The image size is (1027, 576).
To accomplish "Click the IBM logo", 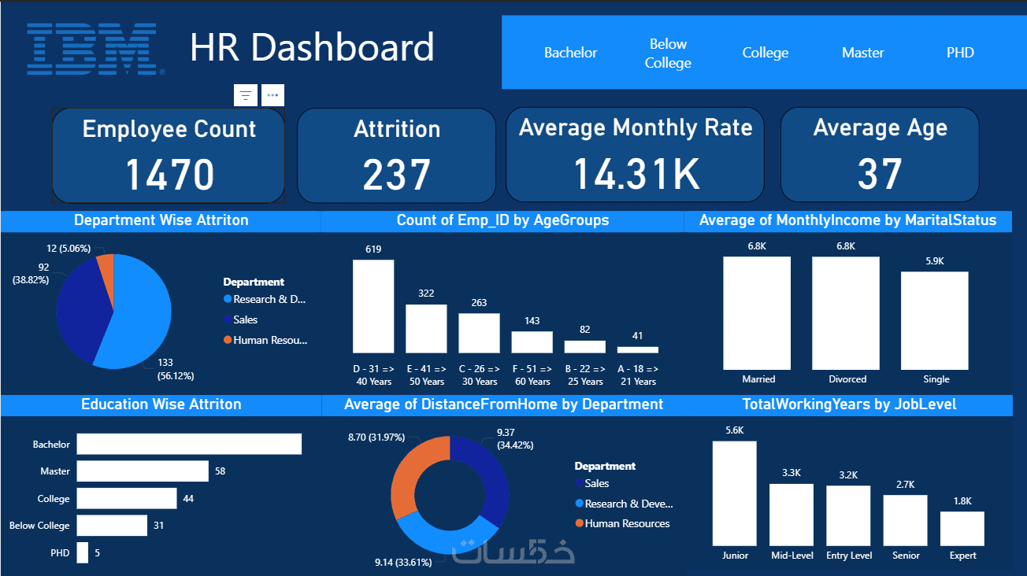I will point(93,49).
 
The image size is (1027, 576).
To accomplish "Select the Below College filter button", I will point(667,54).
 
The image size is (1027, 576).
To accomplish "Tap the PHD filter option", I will point(960,53).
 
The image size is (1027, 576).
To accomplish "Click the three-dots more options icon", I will point(273,95).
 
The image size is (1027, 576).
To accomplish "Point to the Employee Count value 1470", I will point(169,175).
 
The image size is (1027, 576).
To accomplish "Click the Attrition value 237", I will point(396,175).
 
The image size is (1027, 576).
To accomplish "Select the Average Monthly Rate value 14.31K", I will point(636,174).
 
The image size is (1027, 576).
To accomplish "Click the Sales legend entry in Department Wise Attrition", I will point(245,319).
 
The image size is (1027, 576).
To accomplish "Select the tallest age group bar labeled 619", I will point(373,306).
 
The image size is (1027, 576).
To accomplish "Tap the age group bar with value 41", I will point(638,349).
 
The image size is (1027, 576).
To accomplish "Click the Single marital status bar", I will point(935,320).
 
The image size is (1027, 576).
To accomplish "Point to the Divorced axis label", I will point(847,379).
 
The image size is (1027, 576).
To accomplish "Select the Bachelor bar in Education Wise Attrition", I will point(189,445).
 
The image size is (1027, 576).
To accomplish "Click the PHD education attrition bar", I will point(83,553).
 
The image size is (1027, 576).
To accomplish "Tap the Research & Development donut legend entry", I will point(628,504).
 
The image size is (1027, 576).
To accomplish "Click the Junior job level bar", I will point(735,493).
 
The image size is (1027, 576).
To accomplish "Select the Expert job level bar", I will point(962,529).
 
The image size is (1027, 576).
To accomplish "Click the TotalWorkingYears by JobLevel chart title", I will point(849,404).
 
